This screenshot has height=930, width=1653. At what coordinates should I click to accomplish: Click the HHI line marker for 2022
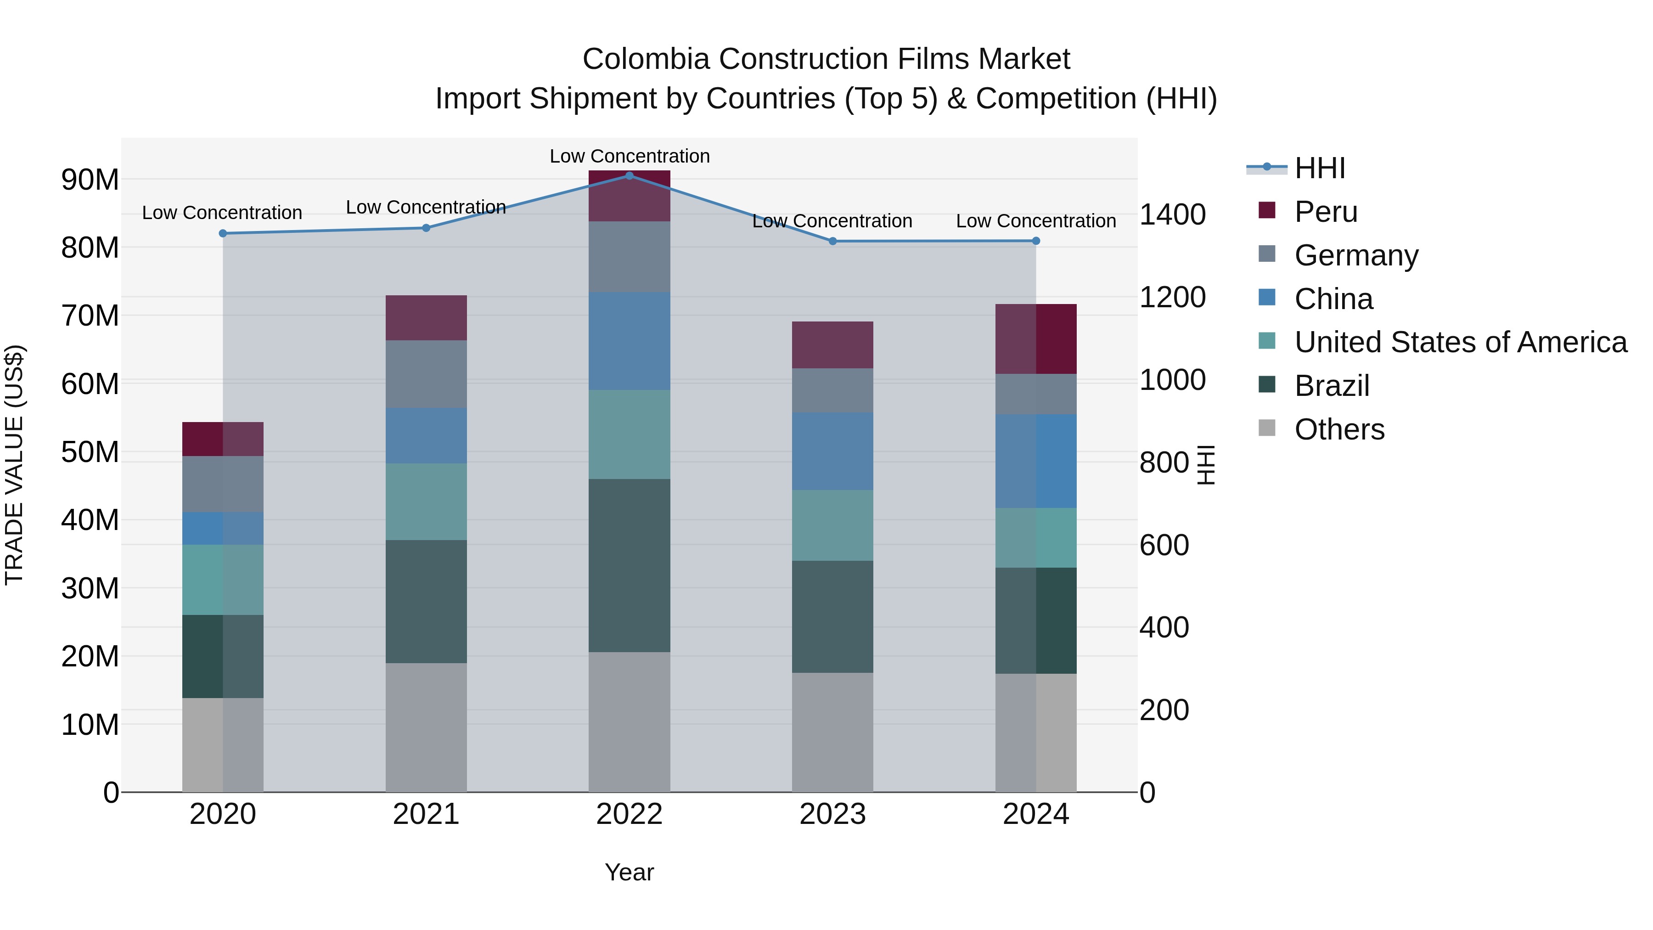pos(629,175)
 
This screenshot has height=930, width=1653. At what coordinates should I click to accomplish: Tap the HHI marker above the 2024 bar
pos(1036,241)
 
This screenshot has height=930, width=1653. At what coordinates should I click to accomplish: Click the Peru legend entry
pos(1325,212)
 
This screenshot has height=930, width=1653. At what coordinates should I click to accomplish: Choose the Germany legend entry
pos(1355,255)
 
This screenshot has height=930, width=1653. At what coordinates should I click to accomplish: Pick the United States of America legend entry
pos(1460,342)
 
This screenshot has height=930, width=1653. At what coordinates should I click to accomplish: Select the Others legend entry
pos(1338,429)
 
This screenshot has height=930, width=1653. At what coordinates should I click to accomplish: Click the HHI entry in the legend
pos(1319,168)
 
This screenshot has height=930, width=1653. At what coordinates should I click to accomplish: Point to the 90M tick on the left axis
pos(90,180)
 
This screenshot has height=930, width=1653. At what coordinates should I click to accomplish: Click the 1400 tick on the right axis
pos(1172,214)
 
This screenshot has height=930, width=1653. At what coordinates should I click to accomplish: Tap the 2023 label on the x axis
pos(832,814)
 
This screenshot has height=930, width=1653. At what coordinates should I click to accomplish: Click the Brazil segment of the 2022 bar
pos(629,565)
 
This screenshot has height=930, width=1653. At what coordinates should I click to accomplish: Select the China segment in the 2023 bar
pos(832,451)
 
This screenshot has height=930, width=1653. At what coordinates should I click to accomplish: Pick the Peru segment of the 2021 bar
pos(426,318)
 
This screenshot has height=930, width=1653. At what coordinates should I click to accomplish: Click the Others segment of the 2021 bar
pos(426,727)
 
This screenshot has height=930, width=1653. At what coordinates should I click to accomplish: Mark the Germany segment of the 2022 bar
pos(629,257)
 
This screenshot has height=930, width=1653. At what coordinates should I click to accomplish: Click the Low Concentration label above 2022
pos(629,156)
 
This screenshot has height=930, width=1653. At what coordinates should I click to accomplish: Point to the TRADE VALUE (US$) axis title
pos(14,465)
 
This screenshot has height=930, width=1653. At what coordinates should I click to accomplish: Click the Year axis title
pos(629,872)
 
